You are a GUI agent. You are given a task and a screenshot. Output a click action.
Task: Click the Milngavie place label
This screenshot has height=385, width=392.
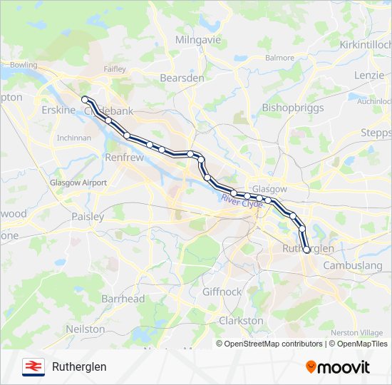pyautogui.click(x=198, y=40)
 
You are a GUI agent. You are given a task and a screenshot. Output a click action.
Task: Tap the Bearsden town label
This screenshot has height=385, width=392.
pyautogui.click(x=182, y=78)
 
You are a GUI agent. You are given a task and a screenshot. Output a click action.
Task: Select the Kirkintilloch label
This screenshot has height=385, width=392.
pyautogui.click(x=366, y=44)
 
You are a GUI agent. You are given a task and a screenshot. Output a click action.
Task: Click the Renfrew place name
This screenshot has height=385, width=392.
pyautogui.click(x=124, y=157)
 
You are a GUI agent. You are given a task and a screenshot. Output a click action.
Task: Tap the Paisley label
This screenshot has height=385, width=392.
pyautogui.click(x=88, y=216)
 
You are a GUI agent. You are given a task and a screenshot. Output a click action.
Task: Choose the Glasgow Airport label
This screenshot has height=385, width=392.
pyautogui.click(x=78, y=183)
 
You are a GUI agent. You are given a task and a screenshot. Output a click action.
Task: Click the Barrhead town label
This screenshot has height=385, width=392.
pyautogui.click(x=123, y=299)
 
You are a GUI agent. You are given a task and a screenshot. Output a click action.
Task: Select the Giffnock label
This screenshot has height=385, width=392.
pyautogui.click(x=222, y=292)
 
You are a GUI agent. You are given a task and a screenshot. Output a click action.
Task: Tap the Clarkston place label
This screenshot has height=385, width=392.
pyautogui.click(x=242, y=321)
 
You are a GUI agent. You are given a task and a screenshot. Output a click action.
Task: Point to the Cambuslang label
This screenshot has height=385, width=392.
pyautogui.click(x=353, y=265)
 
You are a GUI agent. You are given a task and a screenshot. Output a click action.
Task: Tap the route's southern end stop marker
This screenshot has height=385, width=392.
pyautogui.click(x=306, y=250)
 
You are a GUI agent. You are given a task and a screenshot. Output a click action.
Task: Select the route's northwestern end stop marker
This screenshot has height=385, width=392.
pyautogui.click(x=85, y=99)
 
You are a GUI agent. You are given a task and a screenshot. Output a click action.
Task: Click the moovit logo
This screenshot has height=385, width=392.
pyautogui.click(x=338, y=367)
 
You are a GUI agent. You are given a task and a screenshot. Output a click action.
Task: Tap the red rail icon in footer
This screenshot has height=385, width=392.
pyautogui.click(x=32, y=366)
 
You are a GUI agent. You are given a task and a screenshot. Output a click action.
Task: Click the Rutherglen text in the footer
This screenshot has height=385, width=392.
pyautogui.click(x=79, y=366)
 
